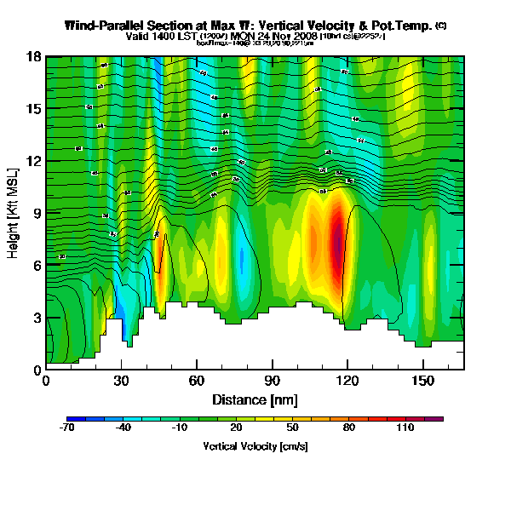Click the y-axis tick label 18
pos(32,56)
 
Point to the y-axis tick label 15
pos(32,109)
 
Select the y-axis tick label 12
pos(32,161)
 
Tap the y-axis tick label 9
pos(36,213)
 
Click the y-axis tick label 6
pos(36,265)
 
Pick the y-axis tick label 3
pos(36,318)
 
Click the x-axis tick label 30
pos(121,381)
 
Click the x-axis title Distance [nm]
pos(255,399)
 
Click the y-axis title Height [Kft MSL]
pos(14,213)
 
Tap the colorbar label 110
pos(404,428)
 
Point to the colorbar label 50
pos(291,428)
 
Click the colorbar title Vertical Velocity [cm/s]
pos(255,445)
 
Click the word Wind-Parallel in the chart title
pos(102,26)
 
